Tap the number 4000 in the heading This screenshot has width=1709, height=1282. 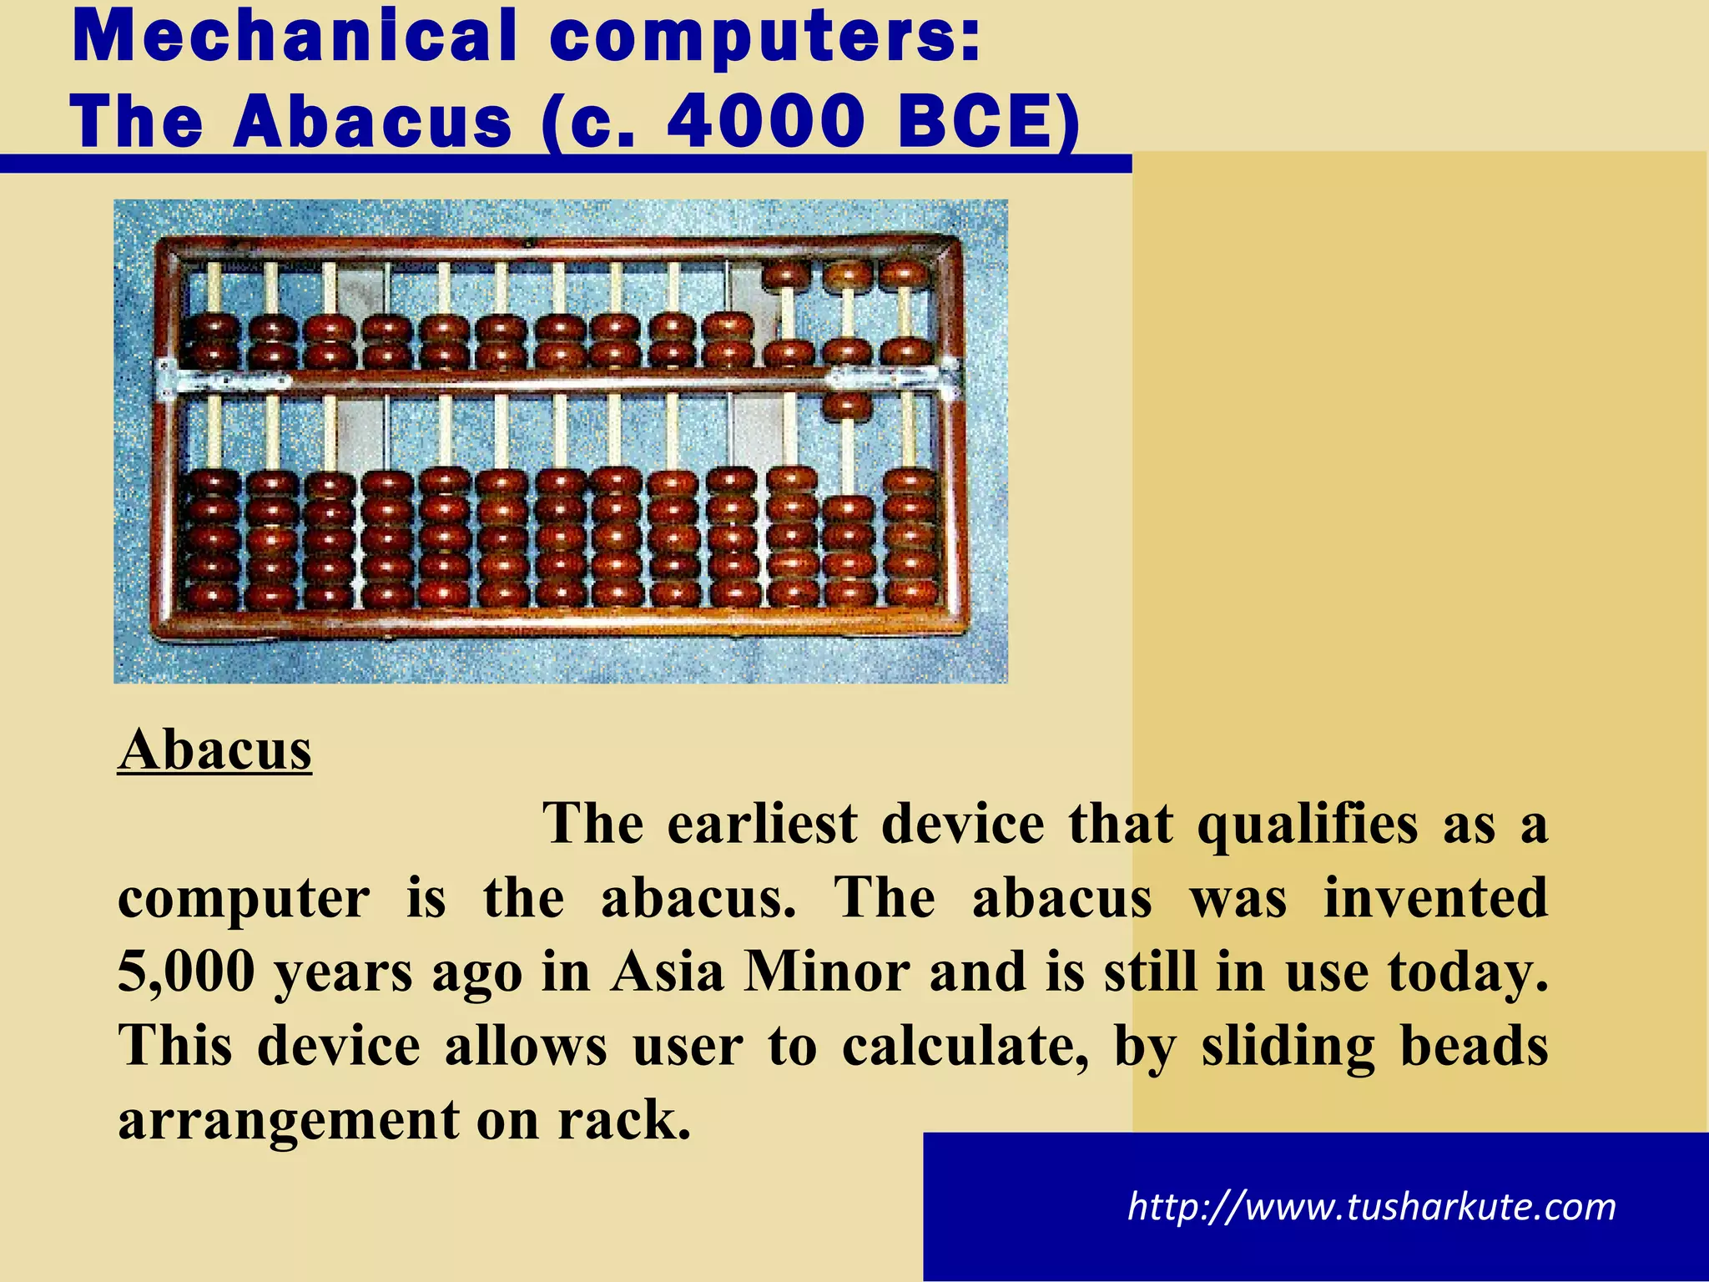tap(765, 122)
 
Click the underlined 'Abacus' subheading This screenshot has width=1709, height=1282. tap(214, 750)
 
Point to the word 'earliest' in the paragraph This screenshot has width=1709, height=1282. tap(763, 824)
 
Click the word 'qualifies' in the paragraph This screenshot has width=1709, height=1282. tap(1307, 825)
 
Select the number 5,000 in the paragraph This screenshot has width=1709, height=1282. tap(186, 972)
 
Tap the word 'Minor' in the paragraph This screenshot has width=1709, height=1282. tap(826, 972)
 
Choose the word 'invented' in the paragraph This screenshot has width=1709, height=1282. tap(1435, 898)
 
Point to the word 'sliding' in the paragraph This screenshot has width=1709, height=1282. tap(1288, 1047)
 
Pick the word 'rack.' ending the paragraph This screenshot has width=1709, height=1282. tap(624, 1120)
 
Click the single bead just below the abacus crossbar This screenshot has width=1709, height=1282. tap(847, 406)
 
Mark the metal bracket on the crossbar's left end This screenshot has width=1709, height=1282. tap(167, 377)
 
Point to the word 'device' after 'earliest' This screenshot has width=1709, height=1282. tap(962, 824)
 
